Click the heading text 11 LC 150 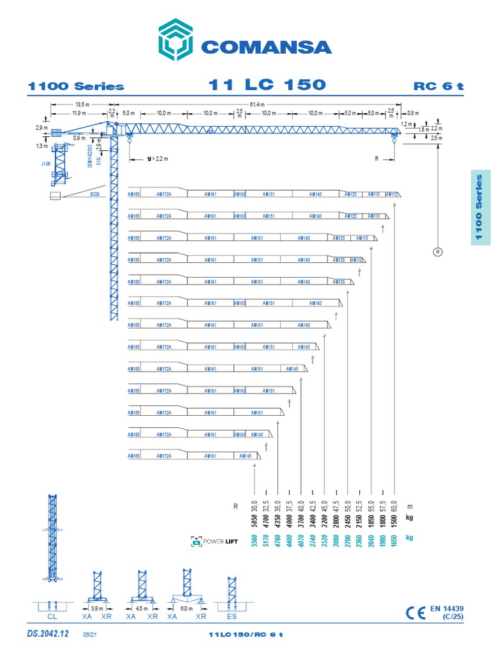coord(267,85)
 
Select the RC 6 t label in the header coord(438,86)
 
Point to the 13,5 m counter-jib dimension coord(81,104)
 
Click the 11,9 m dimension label coord(79,113)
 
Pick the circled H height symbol coord(438,251)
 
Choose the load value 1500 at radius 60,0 coord(394,516)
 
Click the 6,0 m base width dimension coord(185,608)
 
